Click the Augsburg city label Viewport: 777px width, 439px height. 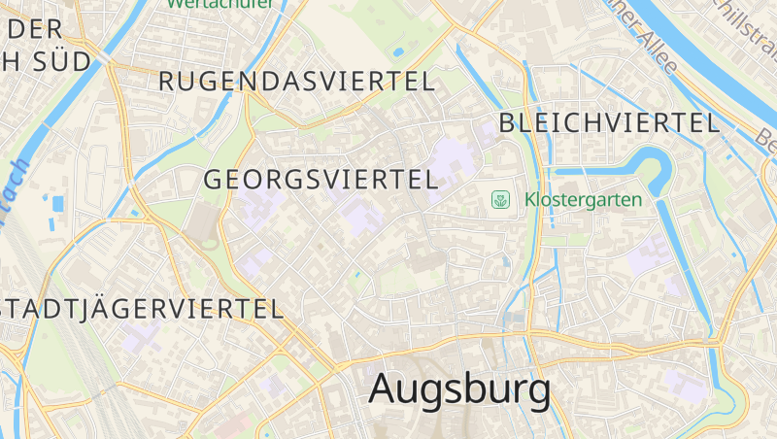pos(459,389)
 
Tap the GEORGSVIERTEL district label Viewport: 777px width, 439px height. pos(321,180)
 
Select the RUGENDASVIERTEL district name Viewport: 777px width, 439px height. pos(296,82)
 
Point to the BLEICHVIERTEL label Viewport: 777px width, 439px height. pos(609,122)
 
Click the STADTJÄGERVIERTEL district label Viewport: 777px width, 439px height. pos(142,310)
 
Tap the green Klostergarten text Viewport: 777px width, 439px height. pos(583,200)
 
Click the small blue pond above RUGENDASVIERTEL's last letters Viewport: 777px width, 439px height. pos(397,51)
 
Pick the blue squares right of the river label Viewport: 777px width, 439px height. pos(56,203)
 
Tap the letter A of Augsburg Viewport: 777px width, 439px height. pos(384,389)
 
